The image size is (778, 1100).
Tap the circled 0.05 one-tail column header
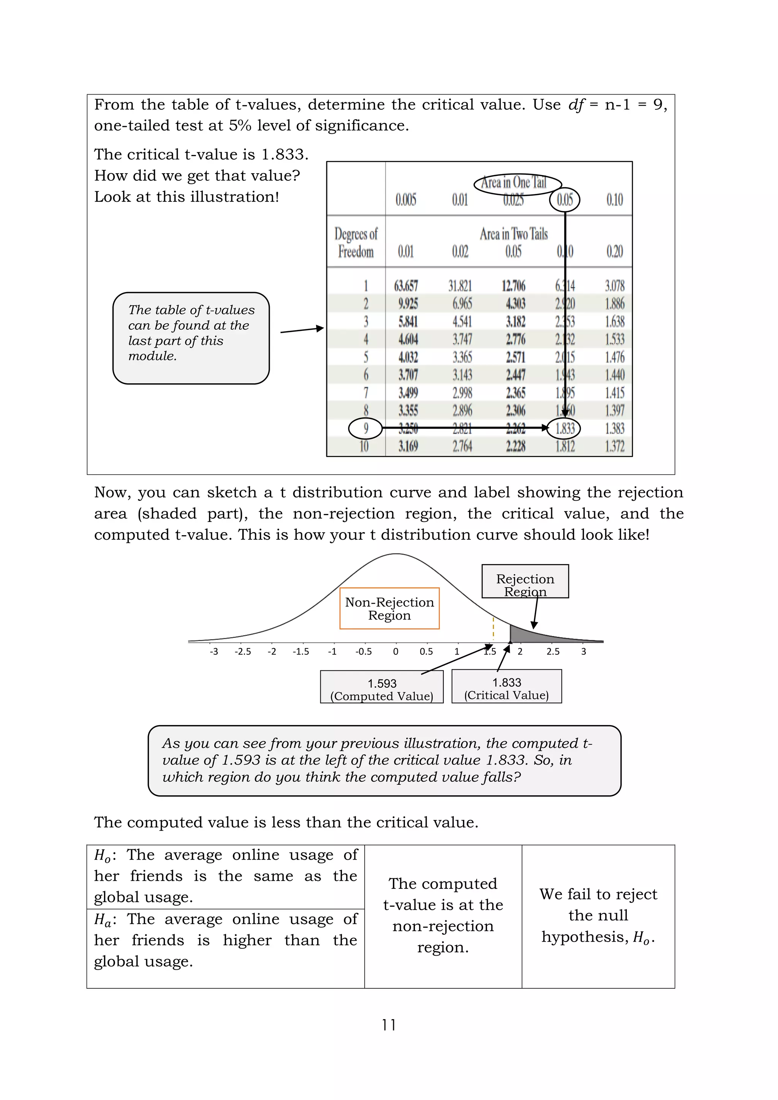click(565, 200)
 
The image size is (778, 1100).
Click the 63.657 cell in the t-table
click(406, 286)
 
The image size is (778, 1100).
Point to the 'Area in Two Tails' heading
click(514, 234)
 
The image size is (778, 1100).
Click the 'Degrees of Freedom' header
click(356, 242)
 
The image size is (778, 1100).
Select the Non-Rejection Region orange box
click(389, 608)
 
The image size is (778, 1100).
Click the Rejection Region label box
click(525, 581)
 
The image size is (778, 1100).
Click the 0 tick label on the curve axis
click(396, 651)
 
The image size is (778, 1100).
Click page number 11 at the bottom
click(389, 1025)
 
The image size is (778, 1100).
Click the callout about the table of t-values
click(191, 338)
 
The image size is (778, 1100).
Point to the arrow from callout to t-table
click(302, 330)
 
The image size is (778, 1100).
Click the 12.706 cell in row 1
click(514, 286)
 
